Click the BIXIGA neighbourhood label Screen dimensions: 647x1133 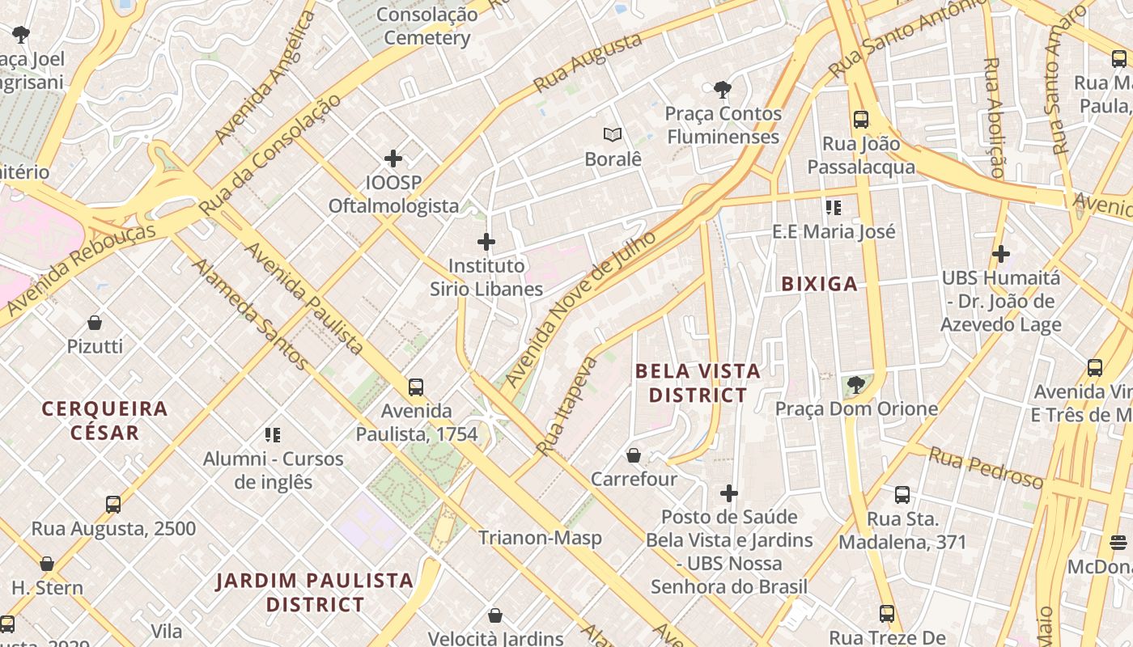(819, 284)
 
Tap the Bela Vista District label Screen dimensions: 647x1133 (698, 383)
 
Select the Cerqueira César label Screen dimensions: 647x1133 (104, 421)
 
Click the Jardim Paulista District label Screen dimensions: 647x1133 (315, 592)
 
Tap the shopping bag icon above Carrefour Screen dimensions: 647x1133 (634, 455)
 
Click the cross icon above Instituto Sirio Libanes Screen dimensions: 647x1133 (486, 242)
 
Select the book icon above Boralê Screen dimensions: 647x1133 (613, 135)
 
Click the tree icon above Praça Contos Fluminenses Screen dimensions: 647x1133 (723, 90)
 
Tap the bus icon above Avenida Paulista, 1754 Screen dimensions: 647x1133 (416, 387)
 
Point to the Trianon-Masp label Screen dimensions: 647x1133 (540, 538)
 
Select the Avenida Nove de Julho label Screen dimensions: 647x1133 (579, 309)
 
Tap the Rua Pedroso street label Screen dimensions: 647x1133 (985, 468)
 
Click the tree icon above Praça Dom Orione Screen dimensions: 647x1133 (855, 385)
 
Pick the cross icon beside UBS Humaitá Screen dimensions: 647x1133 (1001, 254)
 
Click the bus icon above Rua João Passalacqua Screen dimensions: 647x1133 (861, 120)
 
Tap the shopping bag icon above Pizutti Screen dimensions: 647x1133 (95, 323)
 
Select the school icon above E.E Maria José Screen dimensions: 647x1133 (834, 208)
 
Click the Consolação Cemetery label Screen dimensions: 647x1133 (426, 26)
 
